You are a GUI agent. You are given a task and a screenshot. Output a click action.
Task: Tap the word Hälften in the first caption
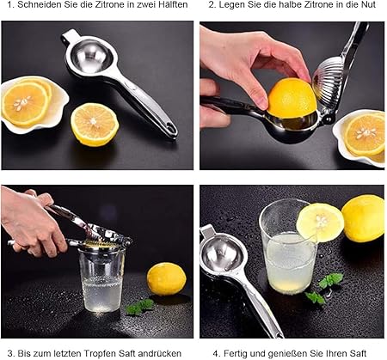point(173,5)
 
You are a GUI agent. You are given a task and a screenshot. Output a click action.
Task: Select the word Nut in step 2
point(368,5)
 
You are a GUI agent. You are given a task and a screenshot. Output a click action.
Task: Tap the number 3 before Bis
point(10,354)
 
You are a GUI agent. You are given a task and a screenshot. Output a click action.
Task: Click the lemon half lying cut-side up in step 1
point(95,125)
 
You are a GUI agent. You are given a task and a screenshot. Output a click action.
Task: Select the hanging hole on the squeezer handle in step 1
point(170,126)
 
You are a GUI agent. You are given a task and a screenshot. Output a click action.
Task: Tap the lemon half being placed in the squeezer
point(292,97)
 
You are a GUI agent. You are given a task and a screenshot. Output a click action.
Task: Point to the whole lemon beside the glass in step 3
point(167,279)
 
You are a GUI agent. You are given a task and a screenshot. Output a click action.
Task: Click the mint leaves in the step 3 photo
point(140,307)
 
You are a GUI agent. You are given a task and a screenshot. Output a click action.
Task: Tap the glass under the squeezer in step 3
point(102,279)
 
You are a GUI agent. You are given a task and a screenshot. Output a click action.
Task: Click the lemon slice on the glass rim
point(320,223)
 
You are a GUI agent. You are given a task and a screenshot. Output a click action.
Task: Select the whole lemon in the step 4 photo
point(363,218)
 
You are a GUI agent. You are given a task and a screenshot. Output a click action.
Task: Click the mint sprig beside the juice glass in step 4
point(325,288)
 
